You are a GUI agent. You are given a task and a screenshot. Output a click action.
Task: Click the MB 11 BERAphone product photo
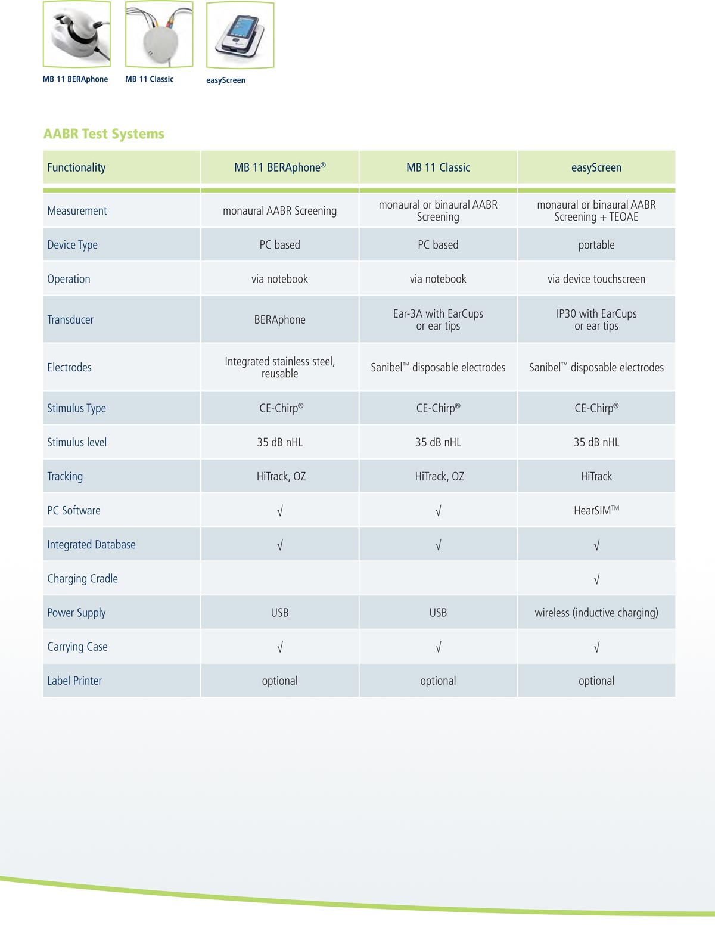(x=77, y=35)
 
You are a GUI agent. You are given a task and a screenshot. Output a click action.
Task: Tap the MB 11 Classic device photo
(x=159, y=35)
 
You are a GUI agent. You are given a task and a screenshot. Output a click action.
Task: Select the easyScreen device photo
(x=240, y=35)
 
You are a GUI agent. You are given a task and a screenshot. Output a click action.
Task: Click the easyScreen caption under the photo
(x=226, y=80)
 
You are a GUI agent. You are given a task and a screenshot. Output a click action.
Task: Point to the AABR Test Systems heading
(x=104, y=134)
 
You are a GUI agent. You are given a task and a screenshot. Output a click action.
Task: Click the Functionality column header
(x=76, y=167)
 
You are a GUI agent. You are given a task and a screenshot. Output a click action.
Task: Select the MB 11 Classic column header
(x=438, y=167)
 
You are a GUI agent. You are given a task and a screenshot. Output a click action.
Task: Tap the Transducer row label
(x=70, y=319)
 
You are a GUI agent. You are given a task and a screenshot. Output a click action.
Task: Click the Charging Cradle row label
(x=82, y=579)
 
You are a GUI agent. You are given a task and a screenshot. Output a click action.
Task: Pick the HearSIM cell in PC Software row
(x=596, y=510)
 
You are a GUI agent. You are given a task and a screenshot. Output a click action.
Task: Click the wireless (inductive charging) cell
(x=596, y=613)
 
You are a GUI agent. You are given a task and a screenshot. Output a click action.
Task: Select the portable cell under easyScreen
(x=596, y=245)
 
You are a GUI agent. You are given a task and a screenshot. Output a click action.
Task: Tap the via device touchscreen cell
(x=596, y=279)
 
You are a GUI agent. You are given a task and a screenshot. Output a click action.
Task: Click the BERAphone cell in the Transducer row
(x=279, y=319)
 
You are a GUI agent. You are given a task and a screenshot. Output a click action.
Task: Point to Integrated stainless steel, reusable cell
(x=279, y=367)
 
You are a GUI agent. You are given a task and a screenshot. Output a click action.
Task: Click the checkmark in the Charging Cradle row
(x=596, y=579)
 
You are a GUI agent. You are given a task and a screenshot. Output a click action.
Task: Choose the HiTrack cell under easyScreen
(x=596, y=476)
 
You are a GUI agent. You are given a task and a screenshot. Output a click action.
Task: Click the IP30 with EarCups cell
(x=596, y=319)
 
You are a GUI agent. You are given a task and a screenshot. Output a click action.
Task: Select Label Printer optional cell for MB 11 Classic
(x=438, y=681)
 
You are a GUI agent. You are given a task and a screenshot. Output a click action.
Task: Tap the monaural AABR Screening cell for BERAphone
(x=279, y=211)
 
